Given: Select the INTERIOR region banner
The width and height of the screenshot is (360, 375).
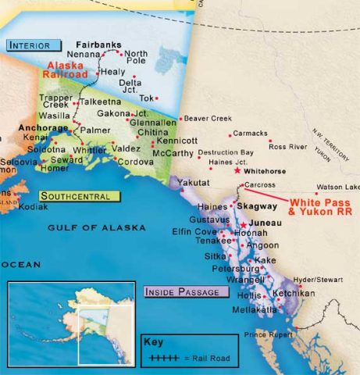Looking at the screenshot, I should pos(34,45).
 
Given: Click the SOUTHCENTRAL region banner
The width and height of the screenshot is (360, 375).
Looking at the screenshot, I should pos(70,196).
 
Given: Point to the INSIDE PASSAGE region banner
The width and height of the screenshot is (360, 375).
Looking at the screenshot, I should pos(186,292).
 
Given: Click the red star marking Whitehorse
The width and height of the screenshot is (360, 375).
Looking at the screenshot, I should pos(237,170).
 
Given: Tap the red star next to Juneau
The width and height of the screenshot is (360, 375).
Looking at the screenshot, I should pos(243,223).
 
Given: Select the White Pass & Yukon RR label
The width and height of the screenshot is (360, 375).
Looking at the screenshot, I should pos(317,206).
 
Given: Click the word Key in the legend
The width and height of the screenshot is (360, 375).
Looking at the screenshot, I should pos(151,341).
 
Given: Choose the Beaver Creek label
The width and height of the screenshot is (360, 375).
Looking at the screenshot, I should pos(208,119).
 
